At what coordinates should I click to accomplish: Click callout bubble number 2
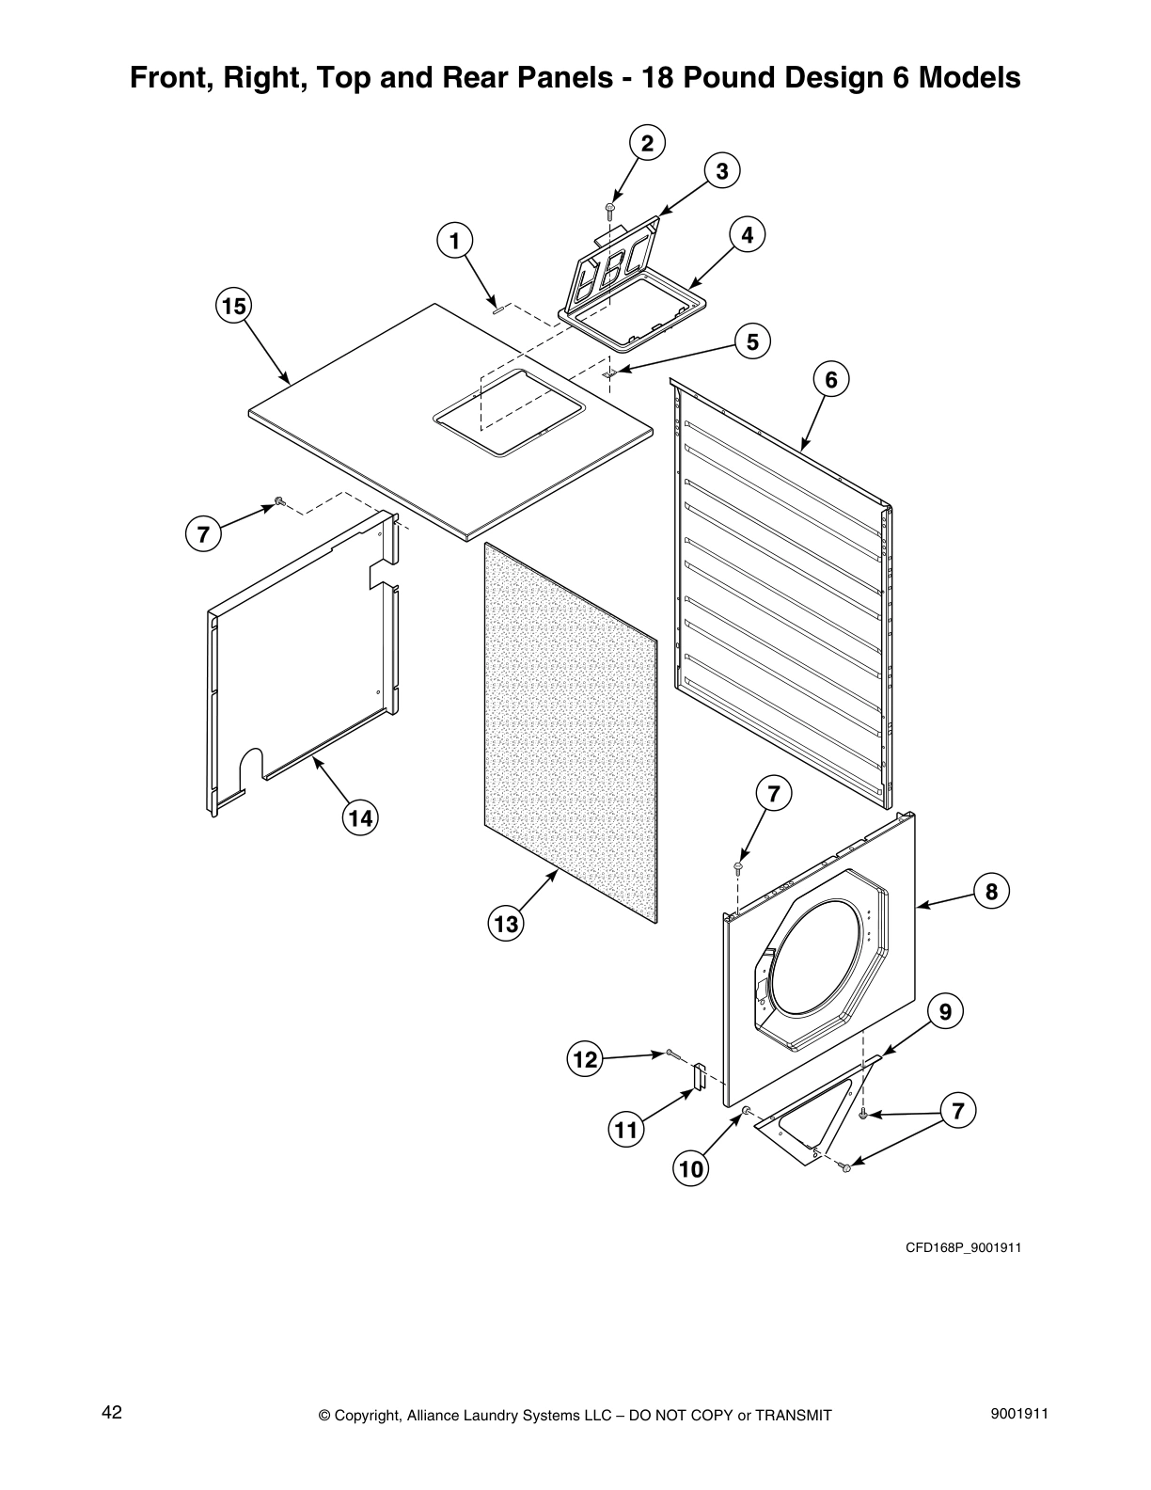[646, 143]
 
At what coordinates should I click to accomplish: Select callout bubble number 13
[506, 924]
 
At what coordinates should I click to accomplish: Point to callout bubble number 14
[359, 818]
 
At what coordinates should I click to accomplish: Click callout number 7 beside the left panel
[202, 534]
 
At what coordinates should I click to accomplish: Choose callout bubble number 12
[585, 1060]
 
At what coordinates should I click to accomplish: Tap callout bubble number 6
[830, 379]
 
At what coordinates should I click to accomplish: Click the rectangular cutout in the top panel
[509, 413]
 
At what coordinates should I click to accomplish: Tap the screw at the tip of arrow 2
[610, 207]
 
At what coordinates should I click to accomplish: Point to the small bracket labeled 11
[699, 1077]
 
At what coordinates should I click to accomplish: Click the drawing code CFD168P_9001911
[963, 1248]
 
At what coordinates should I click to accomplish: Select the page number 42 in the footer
[112, 1412]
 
